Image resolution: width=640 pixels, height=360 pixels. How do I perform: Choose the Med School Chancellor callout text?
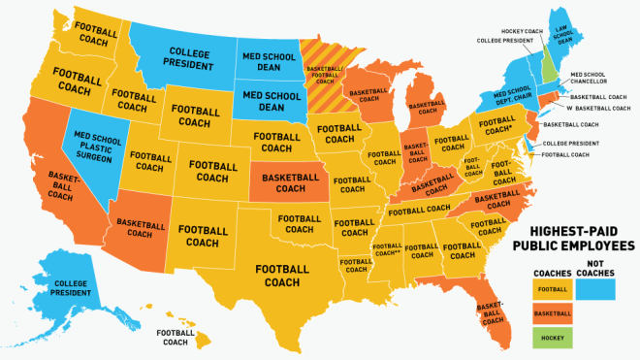591,79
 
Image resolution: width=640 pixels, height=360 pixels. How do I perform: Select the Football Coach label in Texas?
281,275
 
